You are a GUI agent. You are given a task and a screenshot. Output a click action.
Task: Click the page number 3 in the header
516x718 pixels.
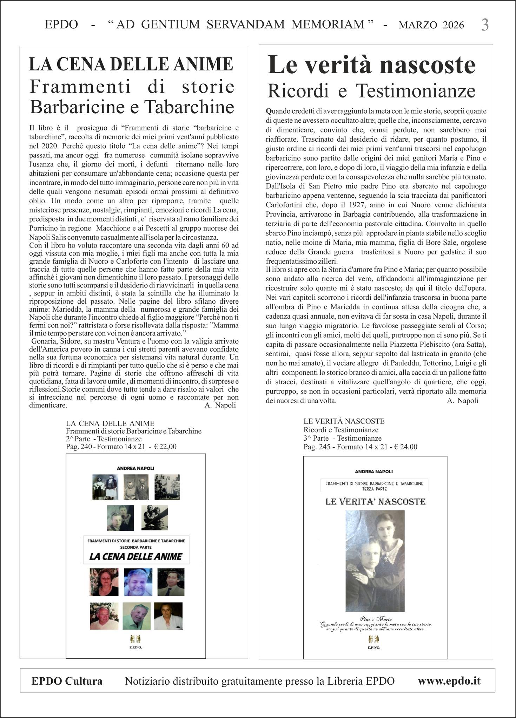click(484, 25)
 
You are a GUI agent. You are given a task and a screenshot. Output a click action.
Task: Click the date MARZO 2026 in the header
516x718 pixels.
click(431, 25)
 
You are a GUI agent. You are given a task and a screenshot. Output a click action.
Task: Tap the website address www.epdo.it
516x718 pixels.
click(449, 681)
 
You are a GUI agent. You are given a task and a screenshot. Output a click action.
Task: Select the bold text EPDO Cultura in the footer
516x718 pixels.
click(67, 681)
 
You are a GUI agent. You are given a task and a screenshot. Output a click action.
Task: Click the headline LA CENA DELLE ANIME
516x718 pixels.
click(131, 64)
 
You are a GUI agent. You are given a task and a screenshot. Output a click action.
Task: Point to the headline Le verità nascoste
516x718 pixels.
click(371, 65)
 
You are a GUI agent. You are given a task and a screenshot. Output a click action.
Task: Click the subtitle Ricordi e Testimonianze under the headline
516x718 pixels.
click(371, 91)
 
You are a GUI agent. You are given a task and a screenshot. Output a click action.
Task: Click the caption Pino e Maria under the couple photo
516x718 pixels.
click(375, 619)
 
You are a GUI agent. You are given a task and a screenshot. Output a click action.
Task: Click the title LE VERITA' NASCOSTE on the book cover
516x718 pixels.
click(375, 502)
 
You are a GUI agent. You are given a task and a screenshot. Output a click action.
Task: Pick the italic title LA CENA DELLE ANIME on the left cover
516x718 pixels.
click(136, 556)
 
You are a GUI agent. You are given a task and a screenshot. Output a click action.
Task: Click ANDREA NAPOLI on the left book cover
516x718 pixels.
click(136, 468)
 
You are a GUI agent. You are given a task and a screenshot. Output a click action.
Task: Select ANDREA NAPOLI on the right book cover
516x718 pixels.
click(375, 472)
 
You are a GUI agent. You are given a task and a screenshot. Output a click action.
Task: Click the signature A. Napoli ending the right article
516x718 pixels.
click(463, 401)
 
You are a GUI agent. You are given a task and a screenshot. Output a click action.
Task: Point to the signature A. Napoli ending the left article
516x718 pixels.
click(220, 406)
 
